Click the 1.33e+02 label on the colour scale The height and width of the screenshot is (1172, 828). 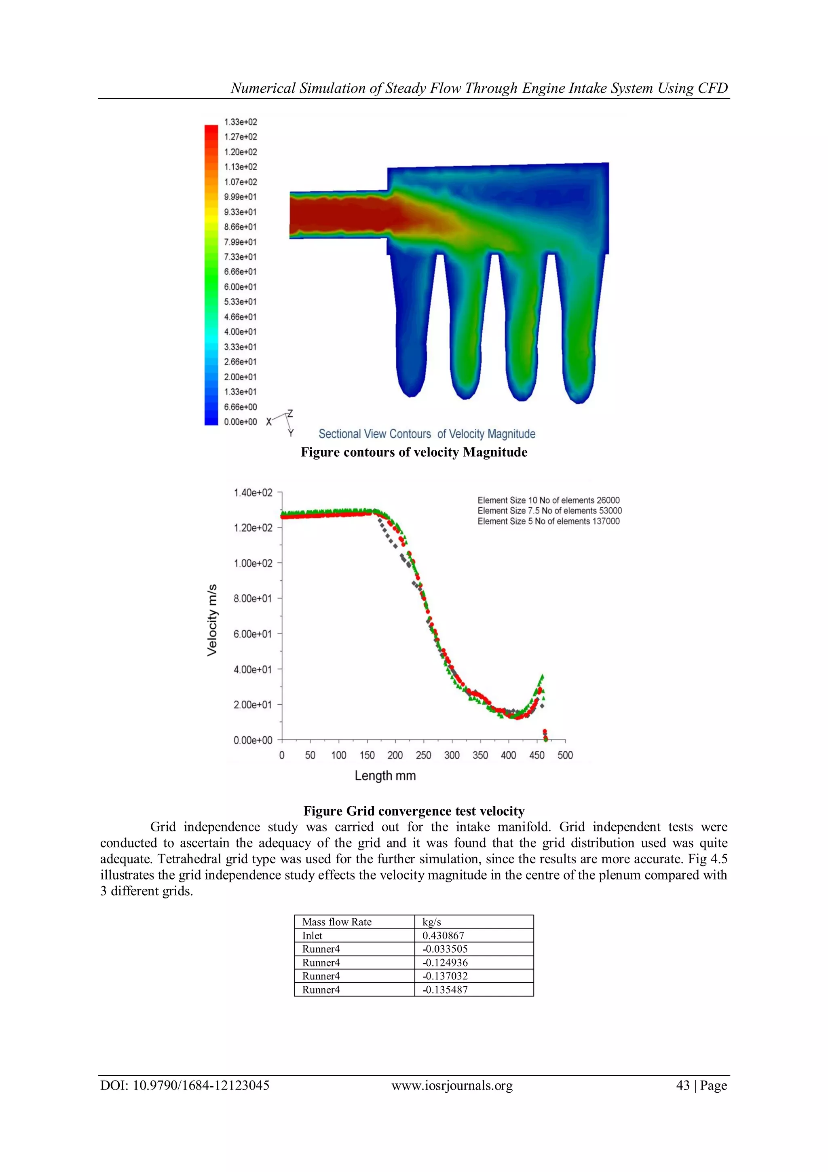point(240,122)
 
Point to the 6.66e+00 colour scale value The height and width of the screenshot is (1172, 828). point(240,407)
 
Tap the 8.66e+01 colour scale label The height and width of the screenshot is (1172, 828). point(240,227)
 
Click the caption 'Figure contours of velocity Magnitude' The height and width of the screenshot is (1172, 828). point(414,452)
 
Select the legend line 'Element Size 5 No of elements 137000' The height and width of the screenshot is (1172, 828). point(549,521)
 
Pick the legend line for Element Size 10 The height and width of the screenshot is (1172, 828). point(549,500)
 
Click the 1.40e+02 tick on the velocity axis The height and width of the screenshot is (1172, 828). point(253,493)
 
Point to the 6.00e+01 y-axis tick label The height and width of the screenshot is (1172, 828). point(253,634)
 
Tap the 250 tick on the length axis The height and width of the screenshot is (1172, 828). point(423,755)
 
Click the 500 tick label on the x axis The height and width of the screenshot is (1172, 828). point(565,755)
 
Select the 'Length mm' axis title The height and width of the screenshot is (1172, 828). point(385,776)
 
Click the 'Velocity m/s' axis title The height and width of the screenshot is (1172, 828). point(212,620)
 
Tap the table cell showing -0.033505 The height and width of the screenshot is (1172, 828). point(445,949)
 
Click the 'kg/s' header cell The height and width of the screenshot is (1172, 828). point(432,922)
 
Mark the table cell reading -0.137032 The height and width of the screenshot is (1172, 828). point(445,976)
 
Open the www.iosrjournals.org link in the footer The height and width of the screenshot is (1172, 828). point(452,1085)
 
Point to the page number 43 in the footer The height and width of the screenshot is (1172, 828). point(682,1085)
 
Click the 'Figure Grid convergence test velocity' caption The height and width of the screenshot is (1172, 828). point(414,811)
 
